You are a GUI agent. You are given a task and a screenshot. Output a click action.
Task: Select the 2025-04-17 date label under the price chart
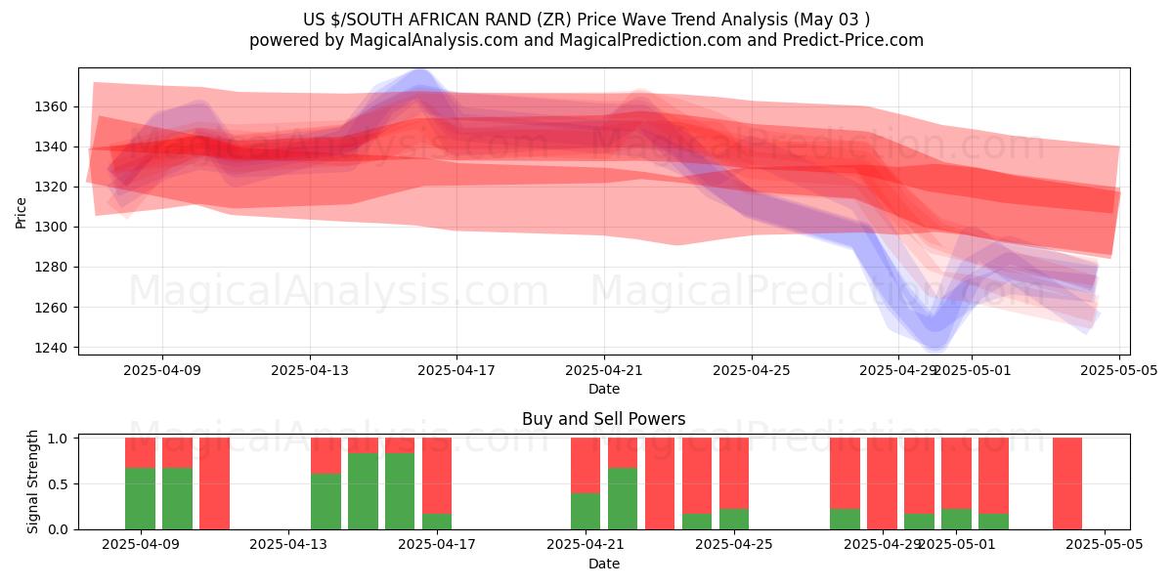(x=456, y=371)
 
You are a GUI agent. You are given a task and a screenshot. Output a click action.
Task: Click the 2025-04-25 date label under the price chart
(x=752, y=371)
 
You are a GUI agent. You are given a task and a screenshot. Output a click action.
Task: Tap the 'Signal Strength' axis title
(x=32, y=481)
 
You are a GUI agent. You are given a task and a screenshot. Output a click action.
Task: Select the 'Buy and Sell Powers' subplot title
(x=603, y=419)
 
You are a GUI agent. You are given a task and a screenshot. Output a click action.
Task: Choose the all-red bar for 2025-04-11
(x=214, y=483)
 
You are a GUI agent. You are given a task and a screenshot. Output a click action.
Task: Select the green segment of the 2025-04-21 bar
(x=586, y=511)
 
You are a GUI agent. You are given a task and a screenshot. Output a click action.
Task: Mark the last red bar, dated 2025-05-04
(x=1067, y=483)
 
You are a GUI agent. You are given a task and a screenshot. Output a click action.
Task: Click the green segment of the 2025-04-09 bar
(x=140, y=498)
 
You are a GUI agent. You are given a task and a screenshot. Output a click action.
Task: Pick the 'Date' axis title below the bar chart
(x=603, y=564)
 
